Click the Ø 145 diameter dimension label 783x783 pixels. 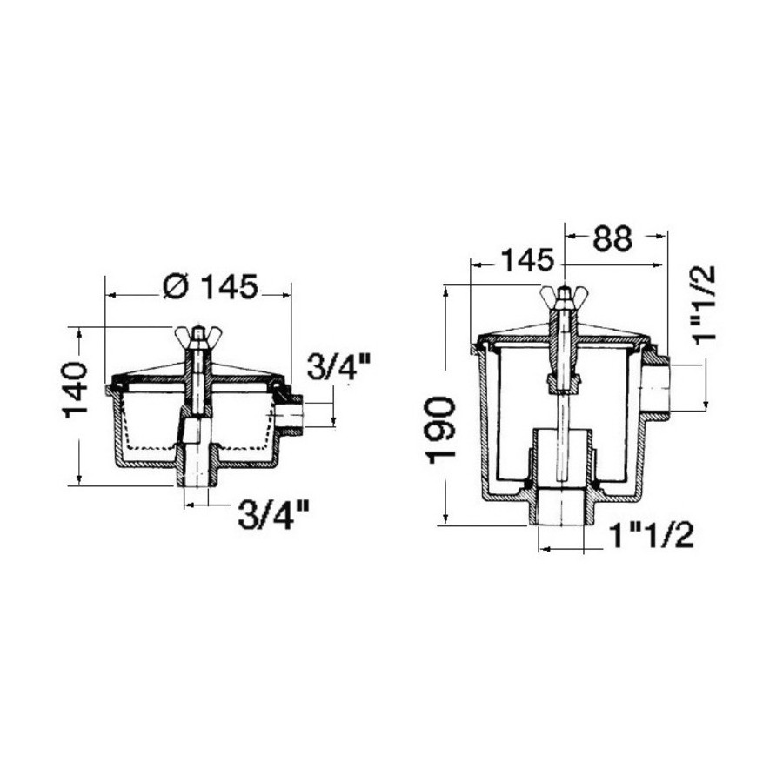211,286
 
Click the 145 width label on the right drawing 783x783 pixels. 527,260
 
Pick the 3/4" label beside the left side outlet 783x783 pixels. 338,366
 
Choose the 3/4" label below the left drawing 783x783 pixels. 272,515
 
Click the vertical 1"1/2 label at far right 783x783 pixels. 705,304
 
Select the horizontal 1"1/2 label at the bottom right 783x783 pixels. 652,536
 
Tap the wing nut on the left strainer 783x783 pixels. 198,333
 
